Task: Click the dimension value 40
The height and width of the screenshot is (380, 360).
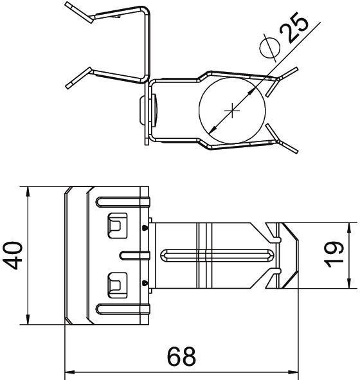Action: (13, 255)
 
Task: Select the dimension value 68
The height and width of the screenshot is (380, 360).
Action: (182, 357)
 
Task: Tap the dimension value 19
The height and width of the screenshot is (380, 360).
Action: (335, 255)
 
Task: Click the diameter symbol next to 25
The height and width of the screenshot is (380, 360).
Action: (269, 47)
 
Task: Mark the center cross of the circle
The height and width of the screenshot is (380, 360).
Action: (232, 111)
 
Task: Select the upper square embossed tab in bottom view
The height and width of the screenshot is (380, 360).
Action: (117, 226)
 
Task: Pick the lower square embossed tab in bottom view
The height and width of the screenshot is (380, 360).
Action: (117, 285)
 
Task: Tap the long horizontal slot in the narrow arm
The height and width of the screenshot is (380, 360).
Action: (217, 255)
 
